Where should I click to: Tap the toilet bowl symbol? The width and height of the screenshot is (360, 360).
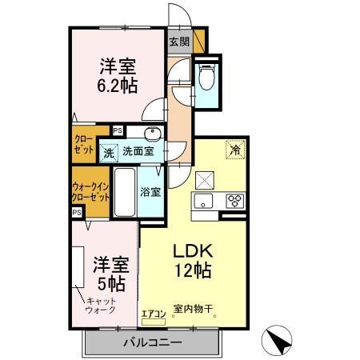click(206, 78)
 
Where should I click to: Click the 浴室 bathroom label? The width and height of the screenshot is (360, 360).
click(150, 192)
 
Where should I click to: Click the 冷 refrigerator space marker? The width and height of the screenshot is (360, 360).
click(235, 148)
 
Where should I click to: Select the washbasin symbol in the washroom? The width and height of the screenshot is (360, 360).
click(150, 133)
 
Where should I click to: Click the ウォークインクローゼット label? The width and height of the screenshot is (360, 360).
click(89, 191)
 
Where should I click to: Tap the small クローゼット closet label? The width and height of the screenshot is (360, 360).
click(83, 144)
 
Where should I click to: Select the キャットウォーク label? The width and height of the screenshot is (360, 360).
click(102, 305)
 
